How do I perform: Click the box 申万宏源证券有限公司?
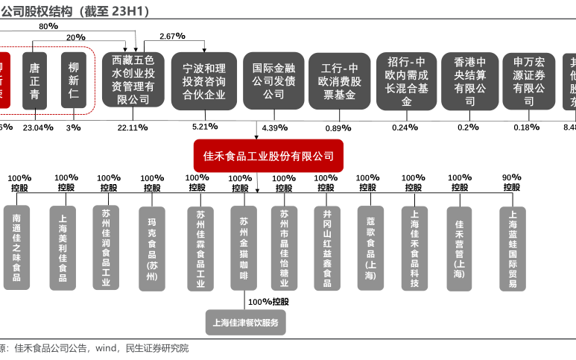click(528, 80)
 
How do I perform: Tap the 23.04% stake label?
click(38, 127)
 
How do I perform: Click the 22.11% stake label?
click(133, 127)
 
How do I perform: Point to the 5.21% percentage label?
click(204, 127)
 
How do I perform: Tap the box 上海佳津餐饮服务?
click(245, 323)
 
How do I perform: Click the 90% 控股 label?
click(511, 183)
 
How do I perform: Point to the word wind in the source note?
click(106, 348)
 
